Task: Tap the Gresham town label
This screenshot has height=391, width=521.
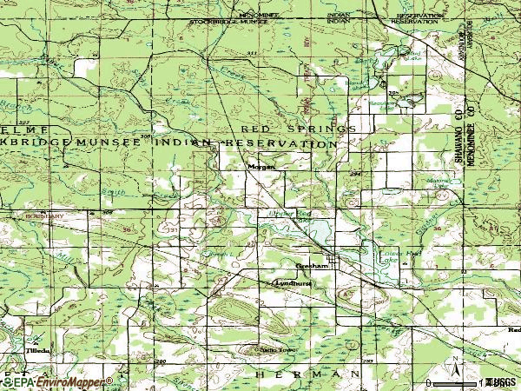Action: click(x=312, y=267)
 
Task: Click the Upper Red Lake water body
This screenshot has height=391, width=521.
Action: click(x=316, y=230)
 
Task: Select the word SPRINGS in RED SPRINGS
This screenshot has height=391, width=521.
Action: click(x=324, y=129)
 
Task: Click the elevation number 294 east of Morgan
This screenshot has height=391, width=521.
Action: click(x=354, y=174)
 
